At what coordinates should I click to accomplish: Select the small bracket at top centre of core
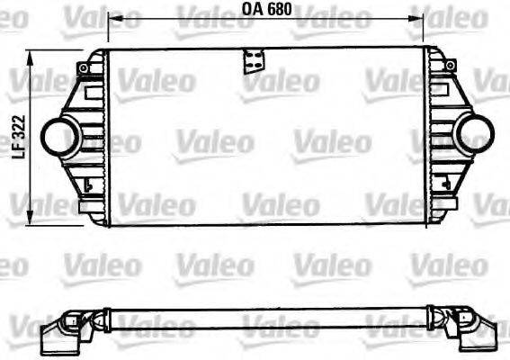(254, 61)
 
